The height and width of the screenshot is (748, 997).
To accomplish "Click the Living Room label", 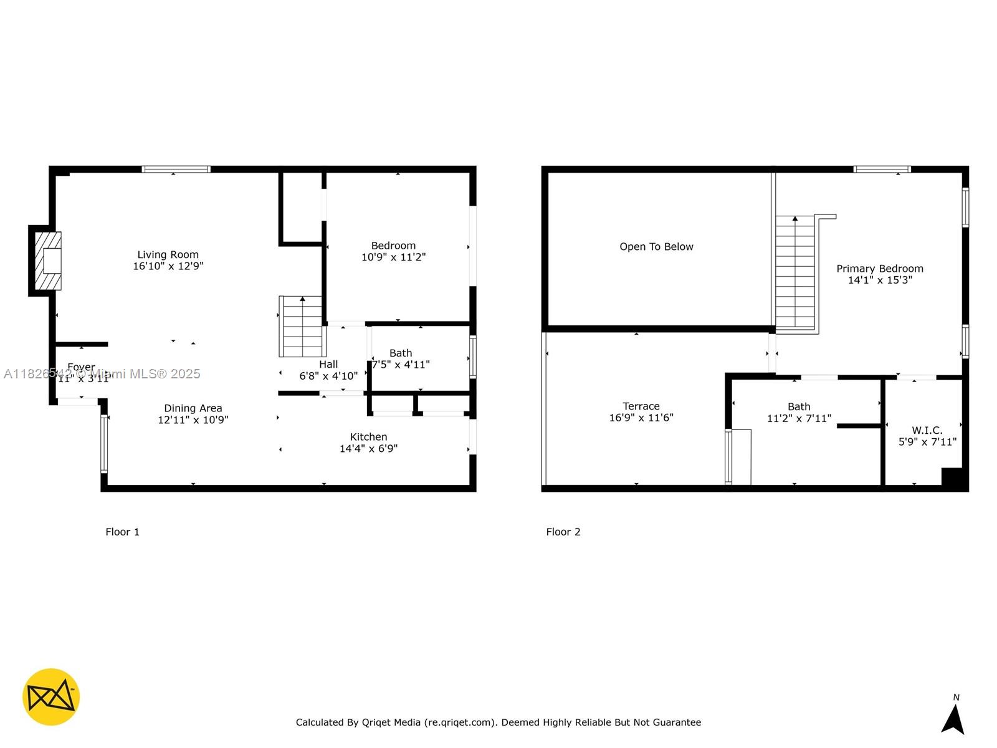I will point(168,254).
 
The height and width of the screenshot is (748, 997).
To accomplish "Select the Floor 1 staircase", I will point(302,327).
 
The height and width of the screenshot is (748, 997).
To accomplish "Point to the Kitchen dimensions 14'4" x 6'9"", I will point(368,449).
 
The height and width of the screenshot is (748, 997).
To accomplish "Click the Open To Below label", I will point(656,247).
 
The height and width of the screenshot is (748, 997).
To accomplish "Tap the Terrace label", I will point(641,406).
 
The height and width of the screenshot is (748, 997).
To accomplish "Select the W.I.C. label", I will point(927,430).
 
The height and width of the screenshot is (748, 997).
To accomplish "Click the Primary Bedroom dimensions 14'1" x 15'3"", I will point(880,280).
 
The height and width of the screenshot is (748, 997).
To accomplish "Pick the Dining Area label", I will point(193,408).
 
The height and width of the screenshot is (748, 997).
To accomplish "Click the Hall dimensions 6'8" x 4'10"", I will point(328,376).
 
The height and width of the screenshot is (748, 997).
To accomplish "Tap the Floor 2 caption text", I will point(563,532).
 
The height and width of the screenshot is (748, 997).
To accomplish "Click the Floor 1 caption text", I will point(122,532).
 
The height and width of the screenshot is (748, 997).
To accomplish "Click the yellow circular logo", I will point(51,697).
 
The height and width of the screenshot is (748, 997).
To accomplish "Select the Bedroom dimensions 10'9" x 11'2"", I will point(393,257).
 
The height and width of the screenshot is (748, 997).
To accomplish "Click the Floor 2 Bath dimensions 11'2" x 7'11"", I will point(799,418).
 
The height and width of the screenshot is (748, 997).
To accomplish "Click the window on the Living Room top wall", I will point(176,169).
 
